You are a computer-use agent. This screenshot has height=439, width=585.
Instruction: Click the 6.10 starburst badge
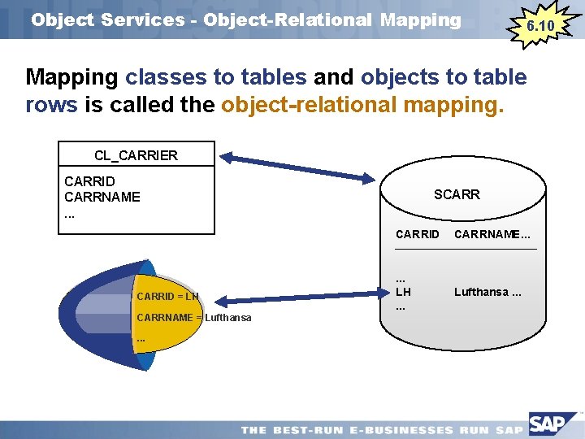[540, 26]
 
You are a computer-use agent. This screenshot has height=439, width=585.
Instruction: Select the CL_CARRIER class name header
[136, 154]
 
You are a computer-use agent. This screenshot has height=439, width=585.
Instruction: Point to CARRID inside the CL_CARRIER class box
[89, 181]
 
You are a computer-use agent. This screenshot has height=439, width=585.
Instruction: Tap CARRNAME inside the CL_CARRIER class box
[102, 197]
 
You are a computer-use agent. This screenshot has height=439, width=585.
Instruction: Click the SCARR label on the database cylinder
[457, 194]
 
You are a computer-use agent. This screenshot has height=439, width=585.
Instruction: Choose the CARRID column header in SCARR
[417, 235]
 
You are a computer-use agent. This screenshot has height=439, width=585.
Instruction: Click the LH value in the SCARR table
[403, 291]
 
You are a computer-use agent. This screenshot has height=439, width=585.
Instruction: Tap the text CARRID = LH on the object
[168, 296]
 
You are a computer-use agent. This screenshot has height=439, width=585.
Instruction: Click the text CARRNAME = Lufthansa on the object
[194, 317]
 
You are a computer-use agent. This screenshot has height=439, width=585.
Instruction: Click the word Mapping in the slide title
[416, 20]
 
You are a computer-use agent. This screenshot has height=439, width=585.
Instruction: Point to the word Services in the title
[143, 20]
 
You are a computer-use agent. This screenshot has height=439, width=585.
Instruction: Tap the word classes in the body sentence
[166, 78]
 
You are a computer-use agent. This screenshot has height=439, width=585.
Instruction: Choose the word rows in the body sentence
[51, 106]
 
